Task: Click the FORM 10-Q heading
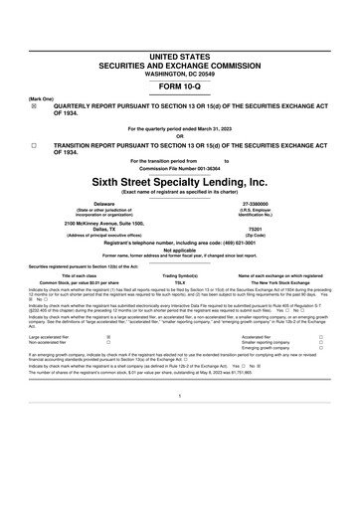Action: click(x=180, y=85)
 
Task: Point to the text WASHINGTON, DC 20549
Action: click(x=180, y=73)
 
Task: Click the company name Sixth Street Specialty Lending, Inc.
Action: click(x=180, y=182)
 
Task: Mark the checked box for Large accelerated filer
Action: click(x=107, y=337)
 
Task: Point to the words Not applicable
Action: click(x=180, y=250)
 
